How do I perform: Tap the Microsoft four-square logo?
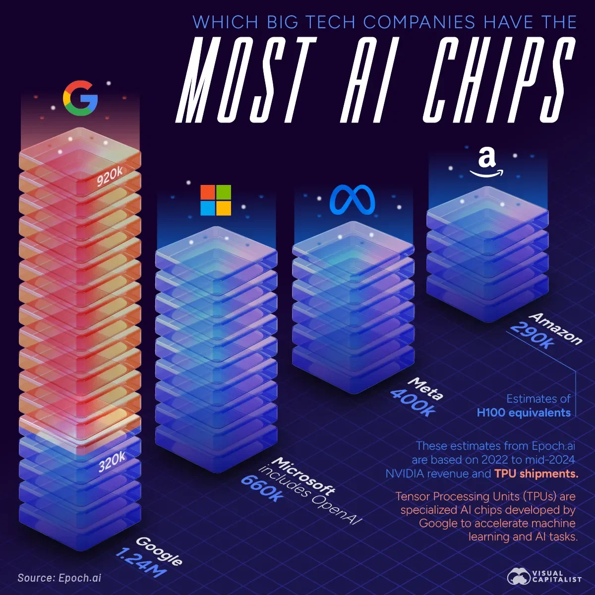click(216, 200)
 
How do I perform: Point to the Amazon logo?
click(486, 163)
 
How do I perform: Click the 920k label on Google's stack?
click(110, 176)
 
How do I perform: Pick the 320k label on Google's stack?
click(112, 462)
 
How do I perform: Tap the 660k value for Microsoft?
click(263, 488)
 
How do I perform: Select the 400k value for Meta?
click(413, 402)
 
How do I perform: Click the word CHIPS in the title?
click(498, 82)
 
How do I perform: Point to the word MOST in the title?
click(246, 82)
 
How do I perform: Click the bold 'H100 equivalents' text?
click(524, 413)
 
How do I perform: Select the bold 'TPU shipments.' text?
click(536, 474)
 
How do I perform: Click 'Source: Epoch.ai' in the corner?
click(59, 578)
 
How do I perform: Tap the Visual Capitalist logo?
click(544, 577)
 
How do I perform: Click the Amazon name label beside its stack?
click(555, 329)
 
